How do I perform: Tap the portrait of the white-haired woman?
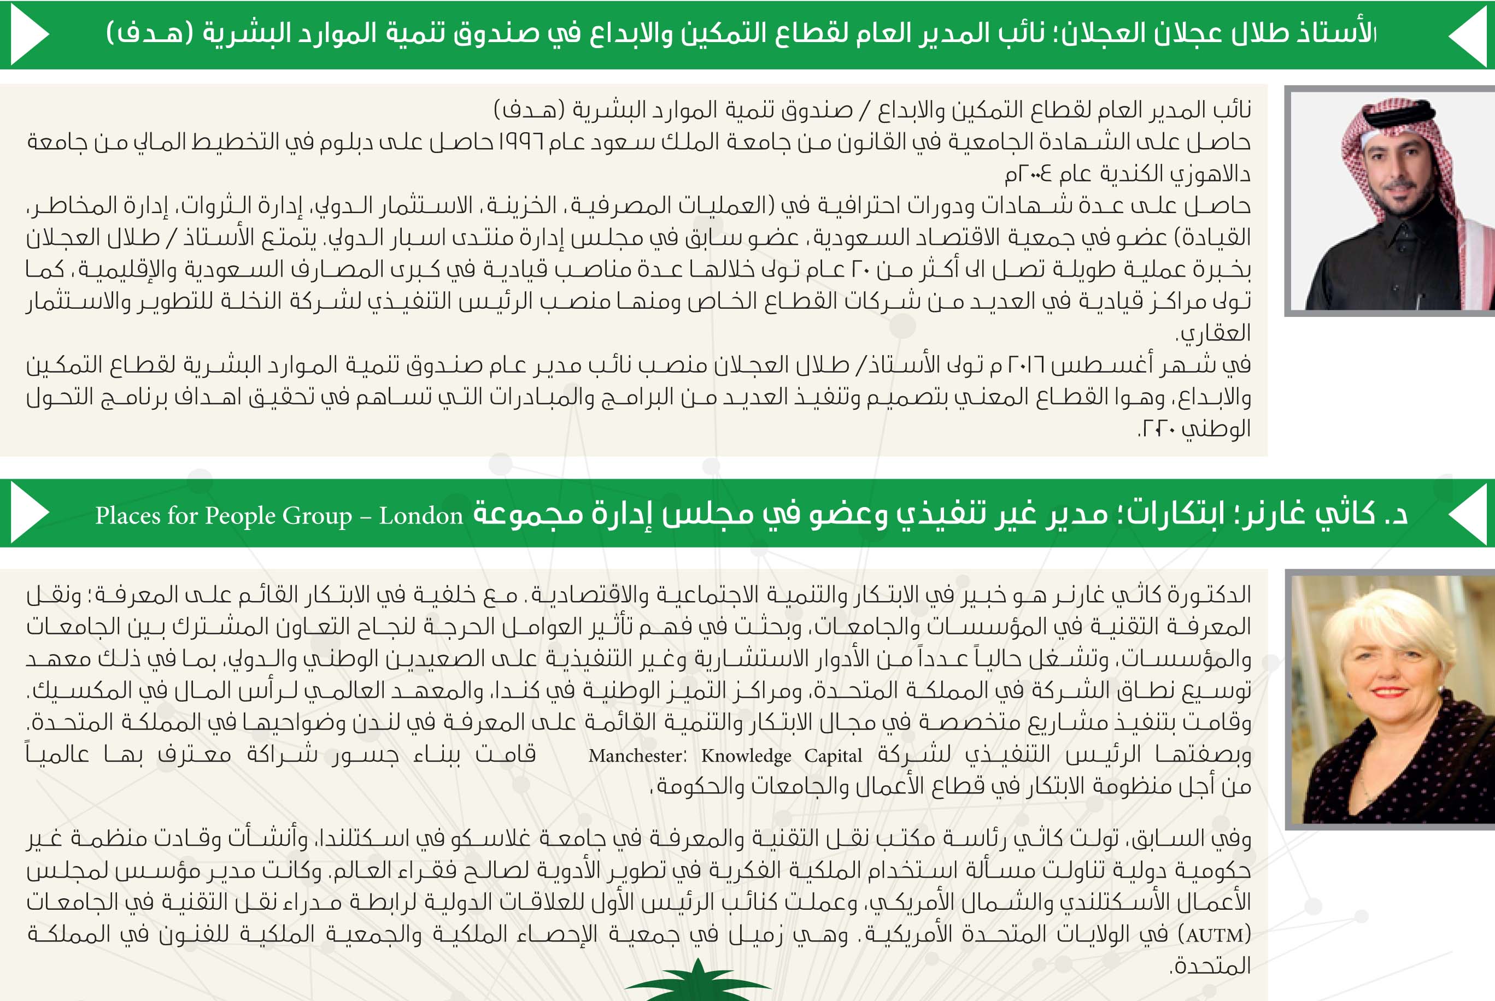[1392, 699]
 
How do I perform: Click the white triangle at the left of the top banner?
[29, 34]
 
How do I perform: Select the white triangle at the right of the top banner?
[1468, 34]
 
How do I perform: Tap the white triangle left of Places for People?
[29, 513]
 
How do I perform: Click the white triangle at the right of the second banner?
[1468, 513]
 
